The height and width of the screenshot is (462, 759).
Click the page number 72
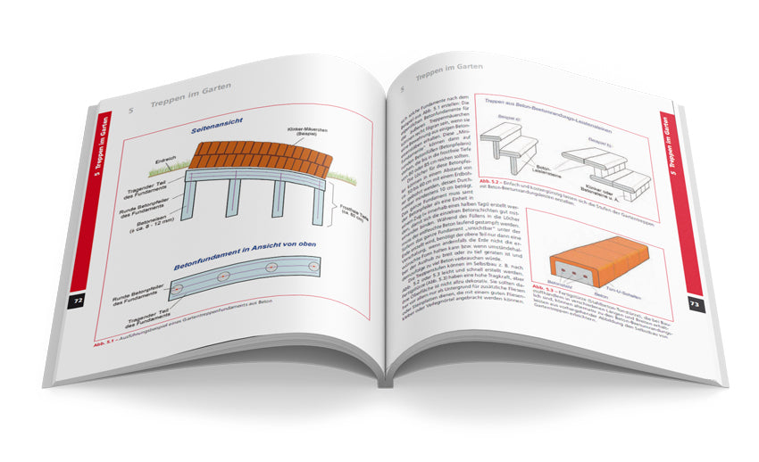78,301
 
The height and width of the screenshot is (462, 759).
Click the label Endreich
167,163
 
